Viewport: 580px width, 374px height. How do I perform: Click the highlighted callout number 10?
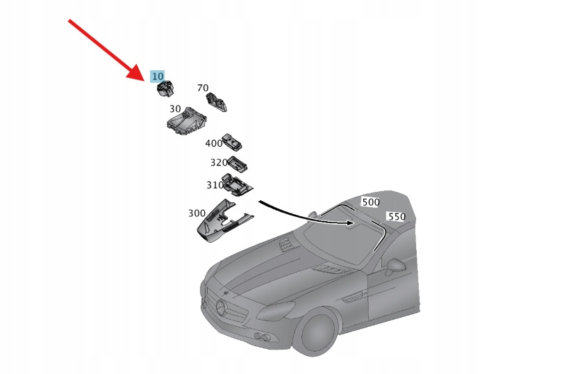coord(158,76)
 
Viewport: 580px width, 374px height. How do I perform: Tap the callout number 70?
coord(203,88)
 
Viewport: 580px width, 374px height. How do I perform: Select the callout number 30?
coord(175,109)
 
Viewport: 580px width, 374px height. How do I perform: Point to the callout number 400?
coord(213,143)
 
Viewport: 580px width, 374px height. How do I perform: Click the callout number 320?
coord(219,163)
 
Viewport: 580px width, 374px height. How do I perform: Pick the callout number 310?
coord(215,185)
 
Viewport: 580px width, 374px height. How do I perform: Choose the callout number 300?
coord(197,213)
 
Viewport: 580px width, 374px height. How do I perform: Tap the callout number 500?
coord(371,202)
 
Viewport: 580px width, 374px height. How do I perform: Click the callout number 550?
coord(396,217)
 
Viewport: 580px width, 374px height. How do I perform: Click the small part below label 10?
coord(165,89)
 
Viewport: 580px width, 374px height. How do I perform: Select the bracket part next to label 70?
coord(216,101)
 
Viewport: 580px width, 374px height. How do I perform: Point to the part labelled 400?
coord(232,143)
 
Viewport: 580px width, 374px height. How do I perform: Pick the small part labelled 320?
coord(237,164)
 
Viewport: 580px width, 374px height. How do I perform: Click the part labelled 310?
coord(237,184)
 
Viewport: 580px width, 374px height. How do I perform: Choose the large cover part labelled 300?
coord(224,222)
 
